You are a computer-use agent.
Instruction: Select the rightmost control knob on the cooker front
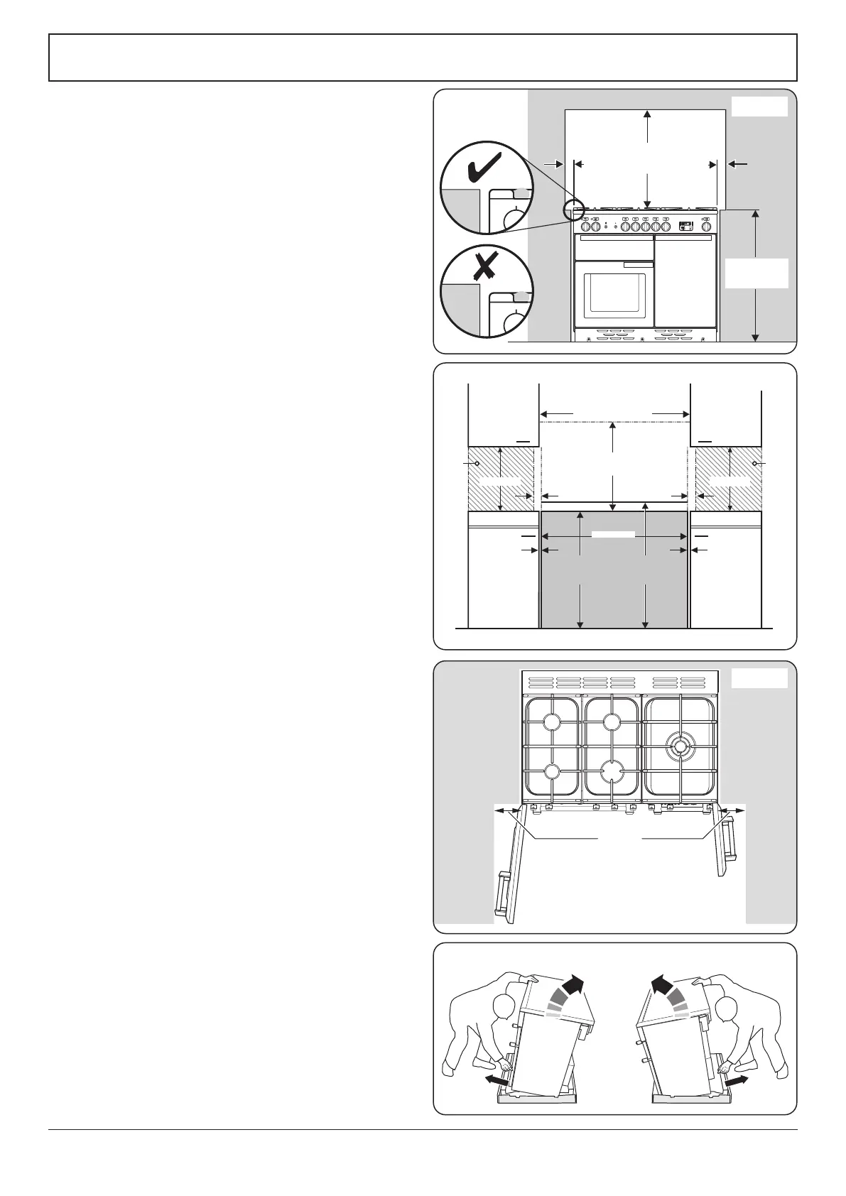[706, 227]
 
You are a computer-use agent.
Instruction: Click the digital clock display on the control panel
[685, 227]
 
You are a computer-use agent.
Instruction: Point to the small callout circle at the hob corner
[573, 210]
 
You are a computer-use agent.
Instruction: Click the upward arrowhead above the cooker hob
[646, 115]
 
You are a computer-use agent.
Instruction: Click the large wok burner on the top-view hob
[680, 746]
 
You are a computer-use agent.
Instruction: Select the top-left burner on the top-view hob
[551, 722]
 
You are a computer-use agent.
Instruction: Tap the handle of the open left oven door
[501, 894]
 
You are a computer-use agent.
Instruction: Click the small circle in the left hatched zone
[477, 464]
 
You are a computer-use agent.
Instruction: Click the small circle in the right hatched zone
[754, 464]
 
